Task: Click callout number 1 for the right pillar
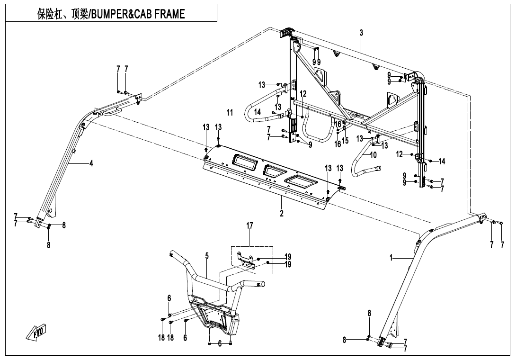point(391,258)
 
